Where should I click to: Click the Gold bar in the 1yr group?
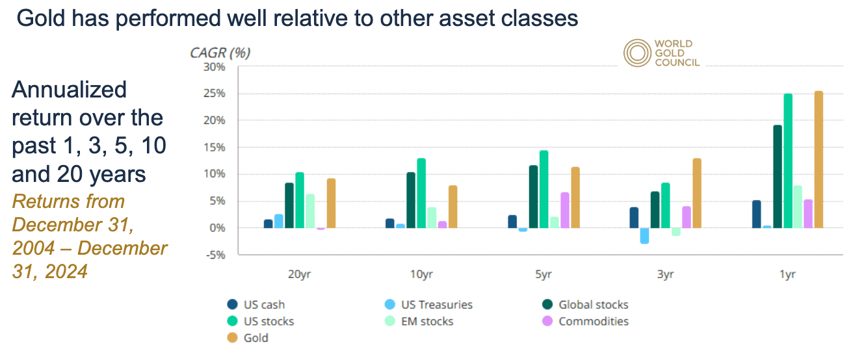pos(819,159)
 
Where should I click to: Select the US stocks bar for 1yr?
pos(788,161)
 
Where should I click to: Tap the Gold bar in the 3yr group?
pos(697,193)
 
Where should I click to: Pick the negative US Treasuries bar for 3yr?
pos(644,236)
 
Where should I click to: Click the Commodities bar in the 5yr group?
pos(565,210)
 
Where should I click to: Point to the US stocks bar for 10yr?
pos(421,193)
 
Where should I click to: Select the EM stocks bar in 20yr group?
pos(310,211)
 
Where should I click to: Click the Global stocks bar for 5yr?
pos(534,196)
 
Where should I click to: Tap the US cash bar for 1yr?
pos(757,214)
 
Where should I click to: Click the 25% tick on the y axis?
pos(215,94)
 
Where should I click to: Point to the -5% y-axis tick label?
pos(216,255)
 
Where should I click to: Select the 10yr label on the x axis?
pos(421,274)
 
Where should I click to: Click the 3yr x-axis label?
pos(665,274)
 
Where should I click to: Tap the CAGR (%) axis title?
pos(220,53)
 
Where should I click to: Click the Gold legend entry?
pos(248,337)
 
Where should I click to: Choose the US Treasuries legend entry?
pos(429,304)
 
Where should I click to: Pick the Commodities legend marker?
pos(547,321)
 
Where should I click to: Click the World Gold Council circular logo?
pos(637,53)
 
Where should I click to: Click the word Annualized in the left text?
pos(69,90)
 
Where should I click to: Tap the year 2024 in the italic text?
pos(66,272)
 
